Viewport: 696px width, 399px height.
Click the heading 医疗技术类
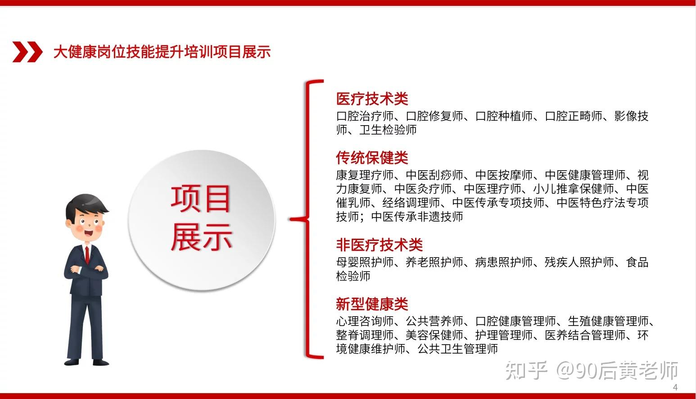372,99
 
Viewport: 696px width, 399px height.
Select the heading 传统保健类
372,158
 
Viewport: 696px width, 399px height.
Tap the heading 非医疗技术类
380,245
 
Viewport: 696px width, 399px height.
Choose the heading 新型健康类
372,304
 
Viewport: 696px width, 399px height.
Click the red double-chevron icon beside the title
27,52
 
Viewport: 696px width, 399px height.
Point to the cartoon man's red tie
87,254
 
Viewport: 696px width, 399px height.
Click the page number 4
675,387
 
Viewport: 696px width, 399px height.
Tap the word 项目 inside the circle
200,199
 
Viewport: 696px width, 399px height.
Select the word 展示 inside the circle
201,237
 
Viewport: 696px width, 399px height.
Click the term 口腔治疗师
365,116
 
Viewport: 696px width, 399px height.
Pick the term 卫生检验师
388,130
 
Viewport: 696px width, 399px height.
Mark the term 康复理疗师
365,175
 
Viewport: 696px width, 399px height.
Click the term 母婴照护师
365,262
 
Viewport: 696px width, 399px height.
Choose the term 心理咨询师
365,321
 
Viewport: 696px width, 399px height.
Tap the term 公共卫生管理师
458,349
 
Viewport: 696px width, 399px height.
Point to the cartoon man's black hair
86,205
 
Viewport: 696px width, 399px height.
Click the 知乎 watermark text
526,371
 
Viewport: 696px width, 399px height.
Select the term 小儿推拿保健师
574,189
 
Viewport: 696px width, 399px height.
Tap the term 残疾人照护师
579,262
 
